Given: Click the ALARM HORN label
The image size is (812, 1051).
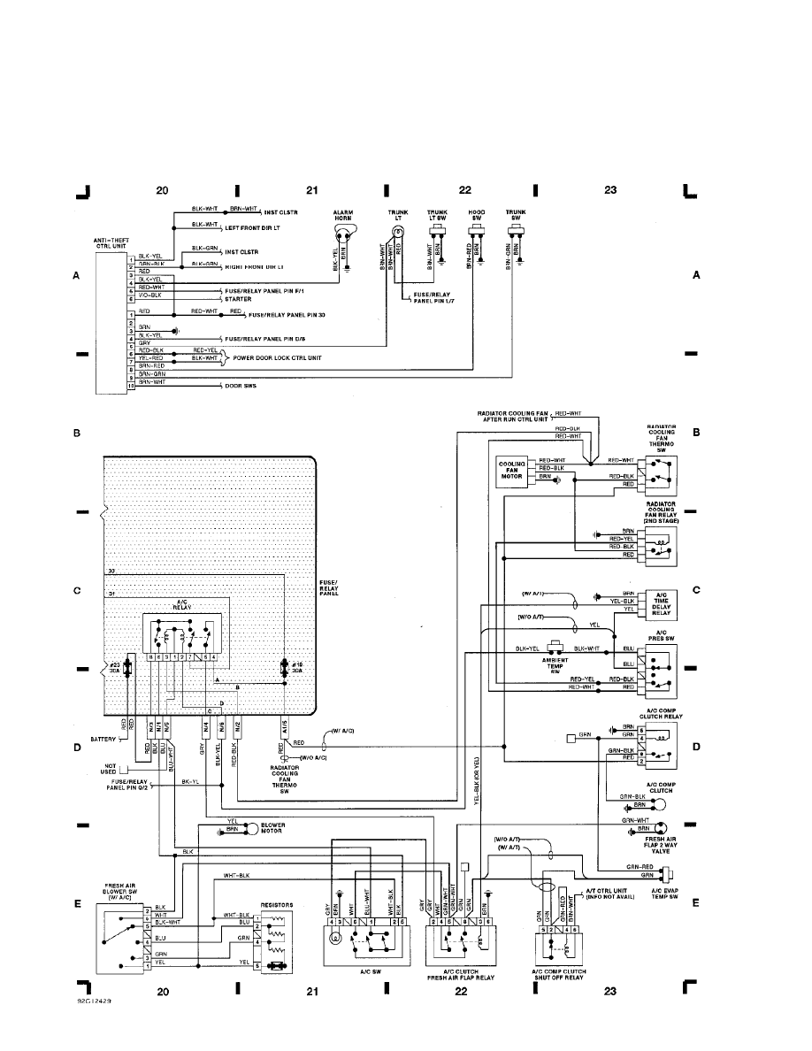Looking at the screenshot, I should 344,215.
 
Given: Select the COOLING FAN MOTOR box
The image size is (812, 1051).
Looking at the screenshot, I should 513,470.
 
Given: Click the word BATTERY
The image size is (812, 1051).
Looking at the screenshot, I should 103,738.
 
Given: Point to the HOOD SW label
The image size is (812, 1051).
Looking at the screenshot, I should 477,215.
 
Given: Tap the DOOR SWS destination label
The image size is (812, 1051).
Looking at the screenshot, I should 241,386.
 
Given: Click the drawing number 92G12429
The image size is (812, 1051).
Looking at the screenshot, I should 94,1002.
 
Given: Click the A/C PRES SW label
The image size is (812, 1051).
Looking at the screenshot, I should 660,638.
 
